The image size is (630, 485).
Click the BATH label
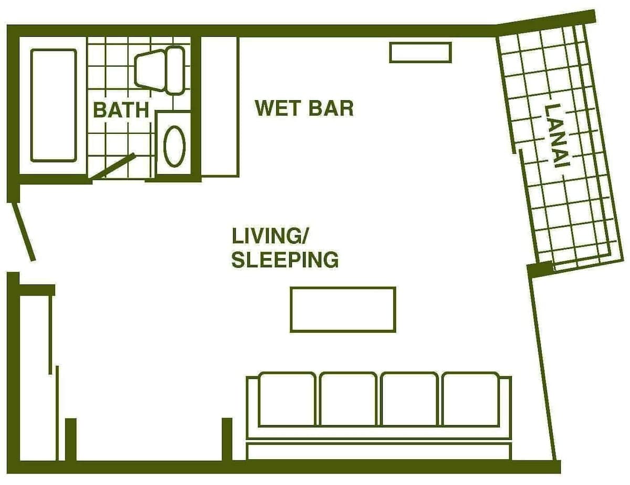121,110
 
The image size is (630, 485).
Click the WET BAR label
304,108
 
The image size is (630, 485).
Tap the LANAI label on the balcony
557,136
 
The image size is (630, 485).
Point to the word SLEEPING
285,260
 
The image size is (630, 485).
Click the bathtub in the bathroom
54,106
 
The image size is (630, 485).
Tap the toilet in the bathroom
160,70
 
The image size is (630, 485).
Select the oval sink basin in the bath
174,146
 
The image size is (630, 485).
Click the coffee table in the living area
343,310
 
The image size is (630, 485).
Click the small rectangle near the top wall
421,52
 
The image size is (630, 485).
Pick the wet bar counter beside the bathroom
220,107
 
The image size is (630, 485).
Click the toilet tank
175,70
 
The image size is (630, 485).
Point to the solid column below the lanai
540,269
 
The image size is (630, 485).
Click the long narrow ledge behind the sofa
379,451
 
